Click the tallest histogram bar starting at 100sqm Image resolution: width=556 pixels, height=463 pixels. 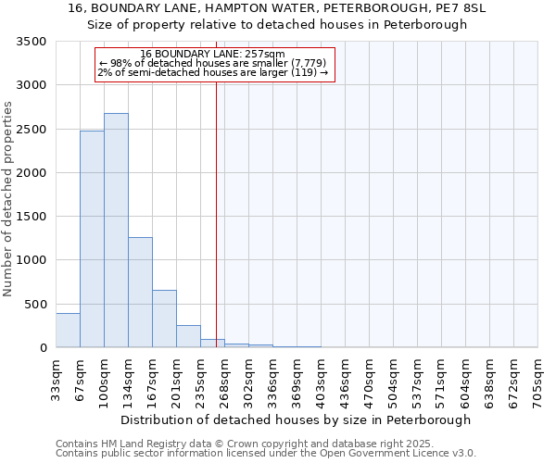tap(116, 231)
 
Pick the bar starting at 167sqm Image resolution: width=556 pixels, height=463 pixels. tap(164, 319)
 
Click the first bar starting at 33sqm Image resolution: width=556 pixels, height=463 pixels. tap(68, 331)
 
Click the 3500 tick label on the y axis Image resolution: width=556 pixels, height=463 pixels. tap(32, 42)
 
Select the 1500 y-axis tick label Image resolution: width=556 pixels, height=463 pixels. tap(32, 217)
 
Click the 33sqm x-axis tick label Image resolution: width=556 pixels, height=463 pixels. tap(57, 376)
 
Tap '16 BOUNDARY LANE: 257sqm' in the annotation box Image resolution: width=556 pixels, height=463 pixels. tap(213, 55)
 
